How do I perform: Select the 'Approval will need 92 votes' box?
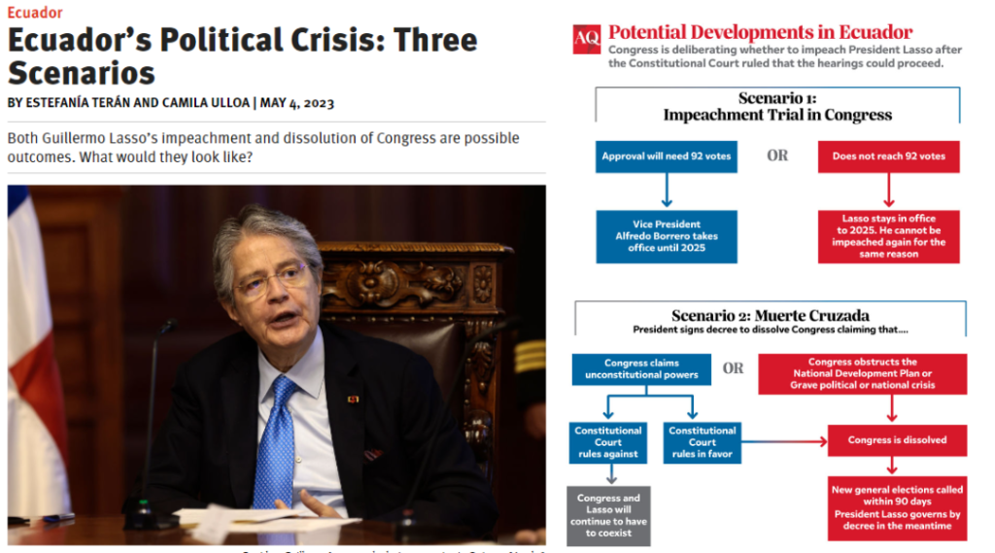click(666, 156)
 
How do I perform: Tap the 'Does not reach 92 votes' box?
click(888, 156)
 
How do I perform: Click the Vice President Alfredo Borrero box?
click(666, 236)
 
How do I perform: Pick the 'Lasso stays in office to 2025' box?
click(888, 236)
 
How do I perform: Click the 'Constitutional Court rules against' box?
click(607, 442)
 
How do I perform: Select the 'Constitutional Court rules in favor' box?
click(702, 442)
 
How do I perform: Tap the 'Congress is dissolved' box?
click(897, 440)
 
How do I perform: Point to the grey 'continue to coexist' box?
click(608, 515)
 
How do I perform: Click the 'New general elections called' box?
click(897, 507)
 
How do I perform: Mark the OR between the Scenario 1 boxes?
click(777, 156)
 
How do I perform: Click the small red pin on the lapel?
click(352, 399)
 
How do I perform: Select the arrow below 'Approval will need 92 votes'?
click(666, 190)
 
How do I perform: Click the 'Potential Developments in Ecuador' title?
click(760, 32)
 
